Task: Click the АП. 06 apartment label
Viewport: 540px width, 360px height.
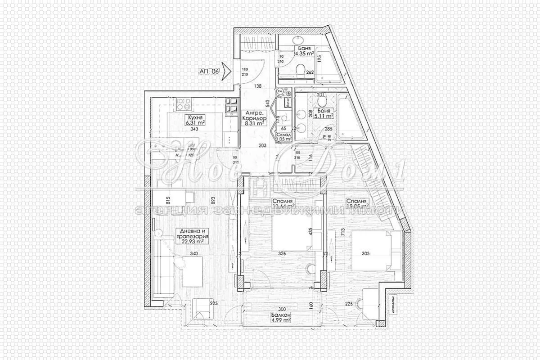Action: (x=209, y=71)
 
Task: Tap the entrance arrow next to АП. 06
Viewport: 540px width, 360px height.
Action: (x=226, y=71)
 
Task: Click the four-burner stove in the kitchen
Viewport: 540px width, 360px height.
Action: (x=183, y=105)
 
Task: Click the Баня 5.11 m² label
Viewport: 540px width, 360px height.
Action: (x=323, y=113)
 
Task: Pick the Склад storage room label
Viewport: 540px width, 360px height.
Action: (x=285, y=136)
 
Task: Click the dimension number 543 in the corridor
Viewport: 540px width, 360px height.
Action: (x=268, y=103)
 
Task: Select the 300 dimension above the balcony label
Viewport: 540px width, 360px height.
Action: (x=282, y=310)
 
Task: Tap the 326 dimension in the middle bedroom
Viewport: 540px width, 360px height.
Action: (x=282, y=253)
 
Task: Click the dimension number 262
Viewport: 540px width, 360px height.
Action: (x=310, y=72)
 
